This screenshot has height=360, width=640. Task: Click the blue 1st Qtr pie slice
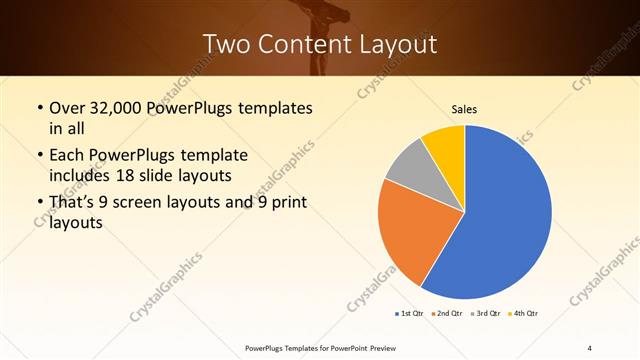point(505,215)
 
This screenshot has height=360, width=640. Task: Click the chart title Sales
point(465,110)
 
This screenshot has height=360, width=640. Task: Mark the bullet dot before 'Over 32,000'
point(38,108)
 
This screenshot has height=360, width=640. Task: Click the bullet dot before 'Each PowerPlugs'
point(38,156)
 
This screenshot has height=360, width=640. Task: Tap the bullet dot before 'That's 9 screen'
point(38,204)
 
